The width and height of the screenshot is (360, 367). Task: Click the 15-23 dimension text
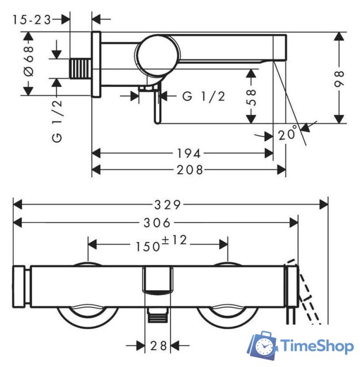tap(31, 19)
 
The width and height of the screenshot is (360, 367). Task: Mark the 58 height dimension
tap(250, 96)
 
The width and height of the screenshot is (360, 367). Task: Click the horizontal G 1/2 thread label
tap(203, 96)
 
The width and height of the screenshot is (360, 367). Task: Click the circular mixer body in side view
tap(154, 54)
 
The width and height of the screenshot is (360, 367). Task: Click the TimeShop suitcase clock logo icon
tap(262, 346)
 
